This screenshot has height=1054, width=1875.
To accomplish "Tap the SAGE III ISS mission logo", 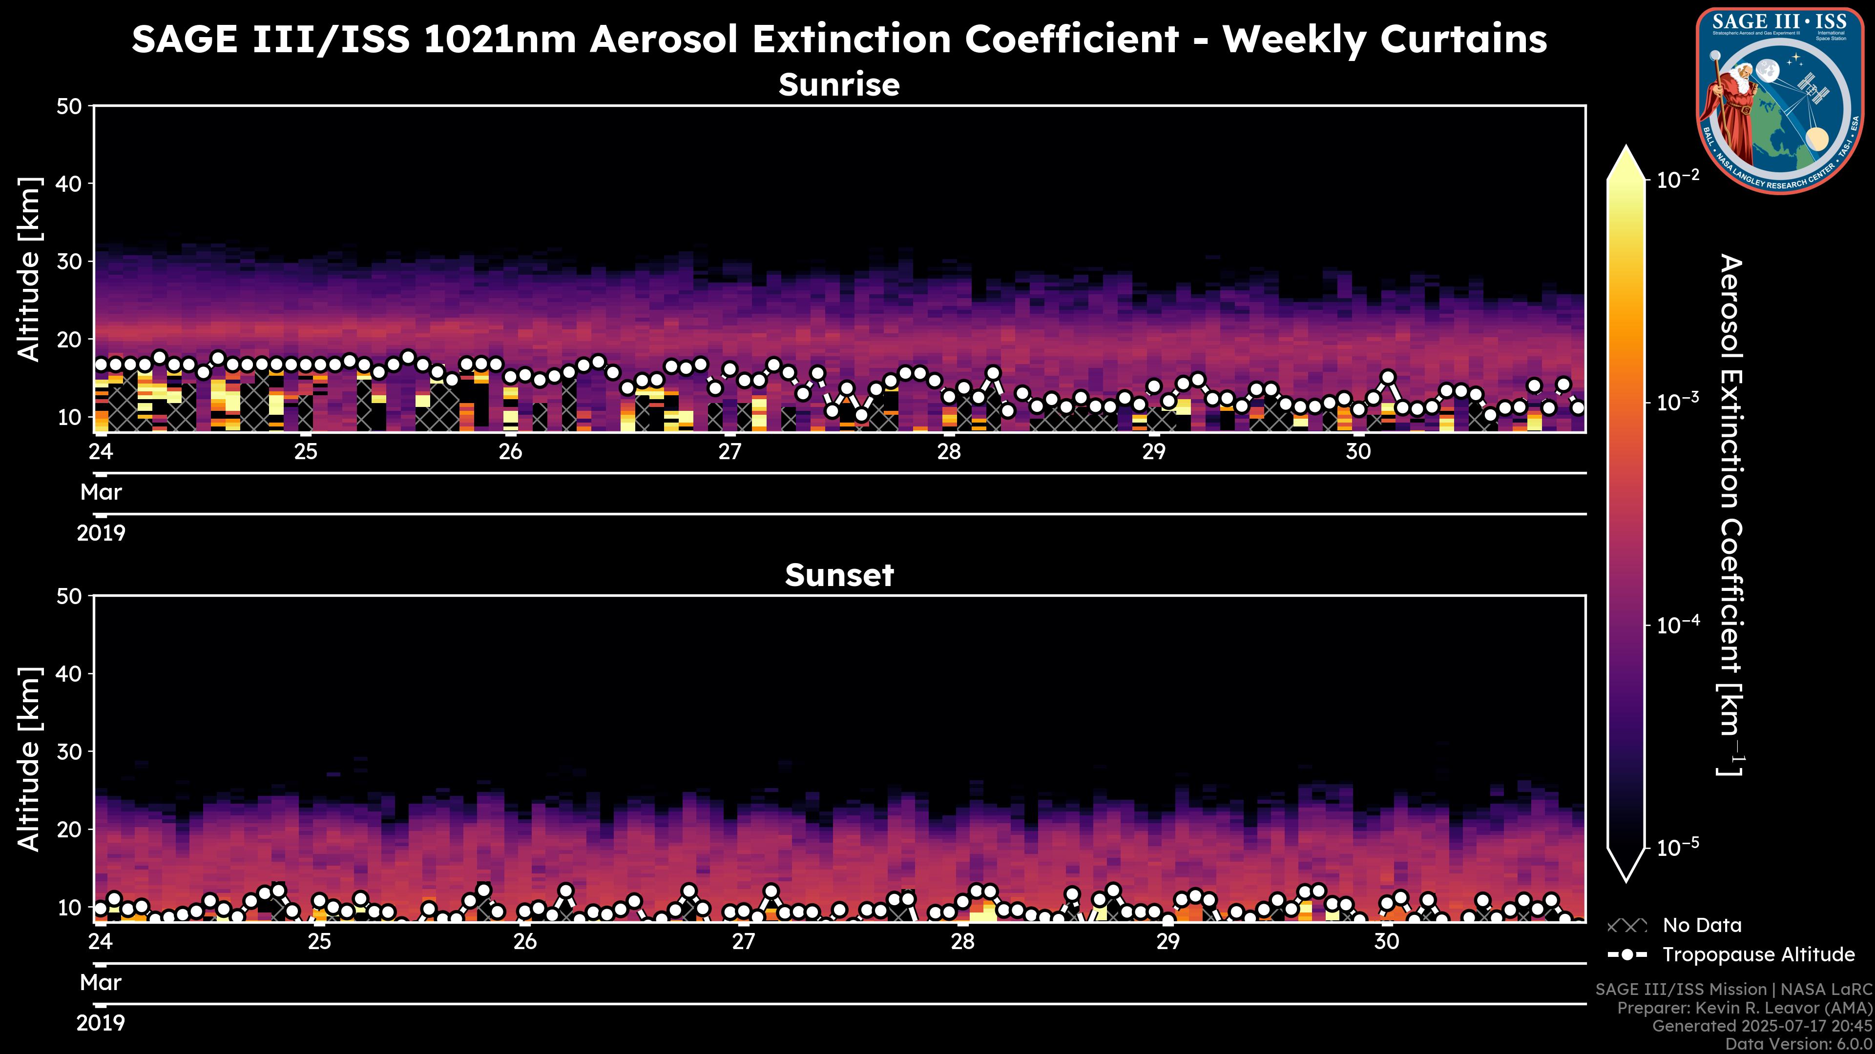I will tap(1780, 101).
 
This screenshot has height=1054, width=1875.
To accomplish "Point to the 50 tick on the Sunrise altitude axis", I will tap(71, 107).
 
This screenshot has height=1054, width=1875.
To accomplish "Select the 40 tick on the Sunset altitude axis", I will tap(71, 673).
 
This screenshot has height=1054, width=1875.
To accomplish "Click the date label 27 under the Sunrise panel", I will tap(729, 452).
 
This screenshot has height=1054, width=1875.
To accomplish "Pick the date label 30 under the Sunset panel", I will tap(1387, 942).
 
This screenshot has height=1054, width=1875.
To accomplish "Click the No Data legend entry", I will tap(1702, 925).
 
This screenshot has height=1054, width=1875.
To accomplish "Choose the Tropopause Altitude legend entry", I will tap(1758, 954).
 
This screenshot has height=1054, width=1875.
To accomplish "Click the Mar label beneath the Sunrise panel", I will tap(101, 492).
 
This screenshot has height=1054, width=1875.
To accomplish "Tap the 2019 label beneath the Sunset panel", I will tap(101, 1023).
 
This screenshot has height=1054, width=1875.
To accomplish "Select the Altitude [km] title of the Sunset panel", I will tap(29, 759).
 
